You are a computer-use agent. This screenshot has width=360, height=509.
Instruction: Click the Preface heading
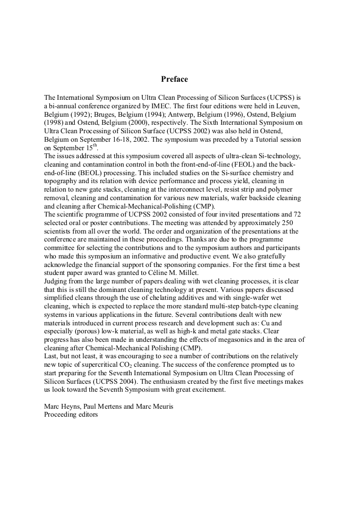point(174,79)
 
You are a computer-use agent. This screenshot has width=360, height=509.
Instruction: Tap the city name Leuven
point(288,106)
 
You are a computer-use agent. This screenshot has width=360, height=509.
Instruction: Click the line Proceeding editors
point(71,414)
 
